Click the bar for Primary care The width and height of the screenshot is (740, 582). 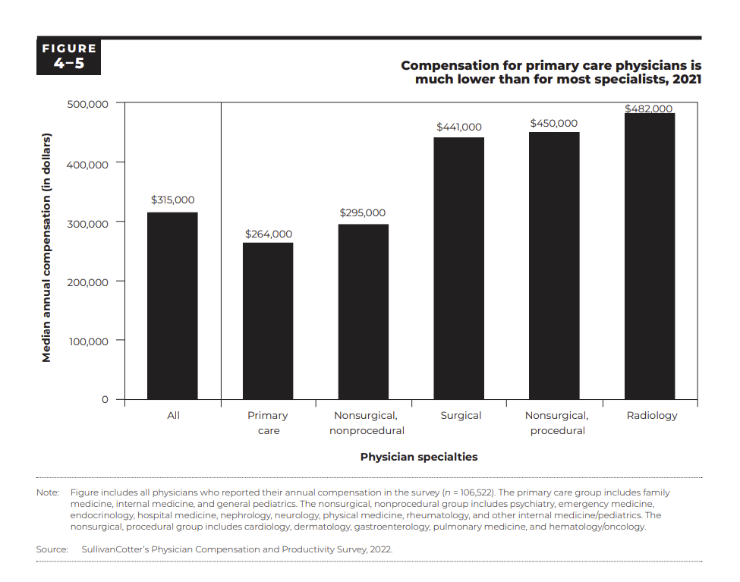click(x=268, y=321)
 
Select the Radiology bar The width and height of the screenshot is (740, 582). click(x=650, y=256)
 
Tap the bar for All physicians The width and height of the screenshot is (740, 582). click(x=172, y=306)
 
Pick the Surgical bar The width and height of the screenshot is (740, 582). click(x=458, y=269)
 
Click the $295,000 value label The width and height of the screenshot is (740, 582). click(x=363, y=213)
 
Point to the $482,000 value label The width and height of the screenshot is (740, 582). click(x=648, y=109)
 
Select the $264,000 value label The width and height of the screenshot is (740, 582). click(x=269, y=234)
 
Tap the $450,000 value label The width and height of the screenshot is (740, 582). click(x=553, y=123)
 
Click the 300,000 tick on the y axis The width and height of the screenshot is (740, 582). click(x=88, y=224)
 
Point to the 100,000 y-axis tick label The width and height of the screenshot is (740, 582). click(x=89, y=341)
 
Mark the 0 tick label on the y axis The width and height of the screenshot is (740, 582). click(x=105, y=399)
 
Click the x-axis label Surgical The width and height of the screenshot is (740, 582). click(x=461, y=415)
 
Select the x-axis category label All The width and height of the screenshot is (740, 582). click(x=173, y=415)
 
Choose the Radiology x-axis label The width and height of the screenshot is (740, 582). click(x=652, y=416)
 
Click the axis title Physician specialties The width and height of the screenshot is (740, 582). click(x=419, y=457)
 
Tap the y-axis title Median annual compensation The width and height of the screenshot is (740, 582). click(x=46, y=248)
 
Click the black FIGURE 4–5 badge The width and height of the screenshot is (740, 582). click(x=68, y=56)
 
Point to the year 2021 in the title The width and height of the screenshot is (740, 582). click(x=687, y=79)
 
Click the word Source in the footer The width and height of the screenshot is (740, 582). click(x=52, y=549)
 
